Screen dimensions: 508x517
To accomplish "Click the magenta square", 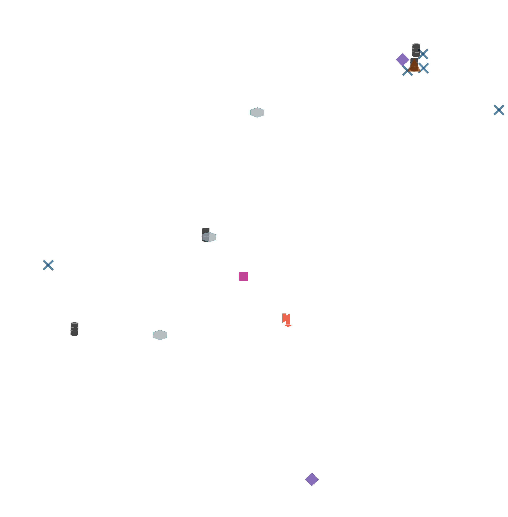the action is pyautogui.click(x=243, y=276).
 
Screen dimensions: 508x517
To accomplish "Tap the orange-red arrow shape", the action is pyautogui.click(x=286, y=320).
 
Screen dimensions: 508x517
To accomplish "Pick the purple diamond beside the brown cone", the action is pyautogui.click(x=402, y=59).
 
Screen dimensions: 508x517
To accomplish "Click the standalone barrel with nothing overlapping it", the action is pyautogui.click(x=74, y=329).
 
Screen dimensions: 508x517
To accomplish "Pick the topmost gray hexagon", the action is pyautogui.click(x=257, y=112).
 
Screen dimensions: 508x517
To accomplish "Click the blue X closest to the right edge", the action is pyautogui.click(x=498, y=110).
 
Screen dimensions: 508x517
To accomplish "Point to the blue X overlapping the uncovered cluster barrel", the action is pyautogui.click(x=423, y=54).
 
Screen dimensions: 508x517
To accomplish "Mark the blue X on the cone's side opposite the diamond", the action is pyautogui.click(x=423, y=68).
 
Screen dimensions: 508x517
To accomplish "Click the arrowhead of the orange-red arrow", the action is pyautogui.click(x=288, y=326).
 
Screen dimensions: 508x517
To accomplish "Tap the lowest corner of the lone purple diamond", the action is pyautogui.click(x=312, y=486).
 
